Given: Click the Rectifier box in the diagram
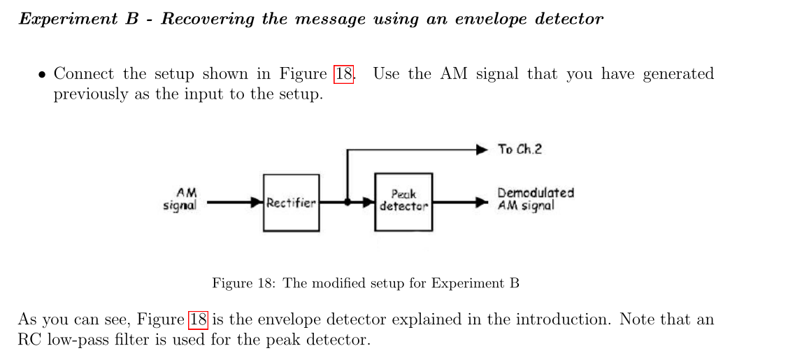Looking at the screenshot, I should [x=292, y=203].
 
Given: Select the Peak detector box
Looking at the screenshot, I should [x=403, y=203].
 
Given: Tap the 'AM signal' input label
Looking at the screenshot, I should [x=180, y=198].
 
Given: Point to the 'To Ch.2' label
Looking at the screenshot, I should [x=520, y=149].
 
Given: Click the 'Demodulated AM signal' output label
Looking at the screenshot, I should [x=535, y=199].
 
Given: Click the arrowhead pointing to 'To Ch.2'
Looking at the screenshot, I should [x=482, y=149].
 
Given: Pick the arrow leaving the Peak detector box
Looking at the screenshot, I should [x=459, y=203].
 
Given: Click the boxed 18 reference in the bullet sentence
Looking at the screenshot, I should [x=344, y=74].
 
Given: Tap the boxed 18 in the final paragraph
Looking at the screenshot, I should [x=199, y=320].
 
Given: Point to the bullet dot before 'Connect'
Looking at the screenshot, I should [x=43, y=75].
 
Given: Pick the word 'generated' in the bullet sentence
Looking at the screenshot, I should [x=678, y=74].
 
